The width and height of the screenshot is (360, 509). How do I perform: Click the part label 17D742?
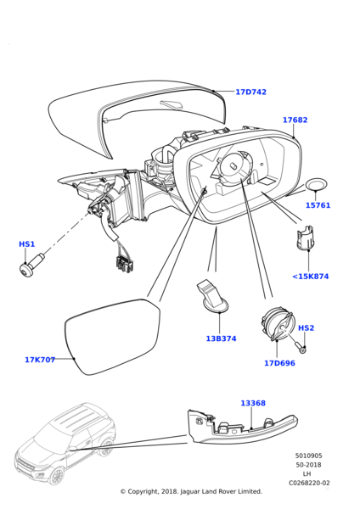click(x=250, y=92)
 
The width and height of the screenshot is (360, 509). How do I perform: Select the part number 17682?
click(x=295, y=120)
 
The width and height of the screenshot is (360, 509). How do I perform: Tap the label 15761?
click(x=318, y=205)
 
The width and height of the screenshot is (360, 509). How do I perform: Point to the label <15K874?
click(x=311, y=277)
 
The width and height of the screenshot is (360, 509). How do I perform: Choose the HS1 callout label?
click(x=26, y=243)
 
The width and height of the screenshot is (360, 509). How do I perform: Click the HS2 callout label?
click(x=306, y=327)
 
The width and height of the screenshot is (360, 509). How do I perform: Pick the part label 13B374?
click(x=221, y=338)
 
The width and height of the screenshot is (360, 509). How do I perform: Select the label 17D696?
click(x=279, y=363)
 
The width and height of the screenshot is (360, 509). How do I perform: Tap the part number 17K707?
click(x=40, y=360)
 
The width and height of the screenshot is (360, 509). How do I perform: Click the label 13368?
click(x=253, y=403)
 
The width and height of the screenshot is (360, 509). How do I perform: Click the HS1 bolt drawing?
click(x=32, y=263)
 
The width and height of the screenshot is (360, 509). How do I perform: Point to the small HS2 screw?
click(x=300, y=347)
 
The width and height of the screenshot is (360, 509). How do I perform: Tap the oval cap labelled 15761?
click(x=316, y=185)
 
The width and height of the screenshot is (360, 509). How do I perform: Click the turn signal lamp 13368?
click(x=242, y=427)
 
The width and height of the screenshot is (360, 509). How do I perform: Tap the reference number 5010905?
click(x=308, y=456)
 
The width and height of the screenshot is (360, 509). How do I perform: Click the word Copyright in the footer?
click(x=143, y=491)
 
